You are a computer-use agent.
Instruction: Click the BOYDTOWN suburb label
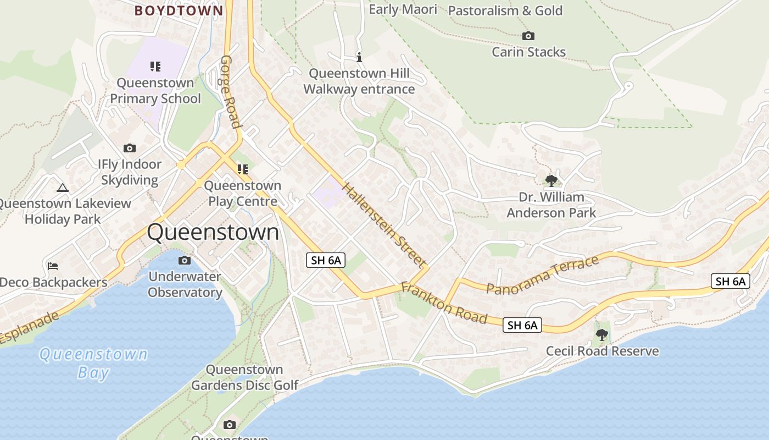[179, 10]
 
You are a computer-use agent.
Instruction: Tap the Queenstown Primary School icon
[155, 67]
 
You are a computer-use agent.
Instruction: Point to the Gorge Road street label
[231, 91]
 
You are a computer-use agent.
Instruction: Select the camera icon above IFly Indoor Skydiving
[130, 148]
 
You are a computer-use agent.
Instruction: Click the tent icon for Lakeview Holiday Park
[63, 188]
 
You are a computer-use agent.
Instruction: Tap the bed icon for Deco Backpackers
[53, 266]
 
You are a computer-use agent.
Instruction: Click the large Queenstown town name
[213, 232]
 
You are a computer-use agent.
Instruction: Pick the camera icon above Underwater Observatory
[185, 260]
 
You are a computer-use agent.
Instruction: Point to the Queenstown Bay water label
[93, 363]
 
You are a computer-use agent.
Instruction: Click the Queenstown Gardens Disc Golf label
[244, 377]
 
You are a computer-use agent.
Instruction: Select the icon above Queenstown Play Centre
[242, 169]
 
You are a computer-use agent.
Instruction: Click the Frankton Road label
[444, 303]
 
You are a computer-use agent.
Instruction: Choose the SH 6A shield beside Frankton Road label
[522, 325]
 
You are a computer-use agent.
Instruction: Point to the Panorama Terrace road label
[543, 275]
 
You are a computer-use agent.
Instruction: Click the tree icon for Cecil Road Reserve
[602, 334]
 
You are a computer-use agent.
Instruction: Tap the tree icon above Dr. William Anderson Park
[551, 180]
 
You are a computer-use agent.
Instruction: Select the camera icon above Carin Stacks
[528, 36]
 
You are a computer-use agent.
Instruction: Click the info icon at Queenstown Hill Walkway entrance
[359, 57]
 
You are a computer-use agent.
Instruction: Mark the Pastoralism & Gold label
[505, 10]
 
